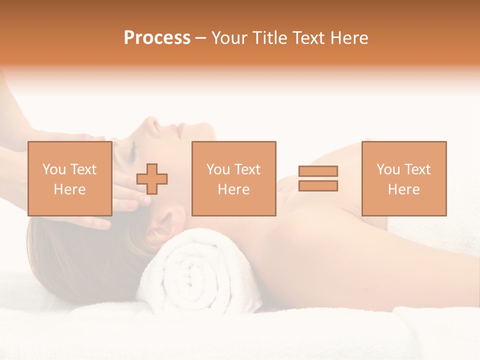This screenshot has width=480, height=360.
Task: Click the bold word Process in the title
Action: click(157, 38)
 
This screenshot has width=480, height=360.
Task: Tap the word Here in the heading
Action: click(348, 38)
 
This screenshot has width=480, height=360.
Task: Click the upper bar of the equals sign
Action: click(318, 171)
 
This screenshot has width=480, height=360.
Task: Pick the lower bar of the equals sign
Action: click(318, 186)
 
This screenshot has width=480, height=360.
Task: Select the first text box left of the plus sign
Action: click(69, 178)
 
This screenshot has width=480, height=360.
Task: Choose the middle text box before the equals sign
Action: click(233, 178)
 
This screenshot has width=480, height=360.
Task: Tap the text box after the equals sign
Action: click(404, 178)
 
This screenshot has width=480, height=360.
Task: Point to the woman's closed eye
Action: click(131, 148)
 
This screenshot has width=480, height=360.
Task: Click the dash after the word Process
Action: click(201, 38)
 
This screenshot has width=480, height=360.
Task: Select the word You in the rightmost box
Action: click(387, 169)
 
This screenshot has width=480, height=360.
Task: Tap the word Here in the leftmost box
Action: click(69, 189)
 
